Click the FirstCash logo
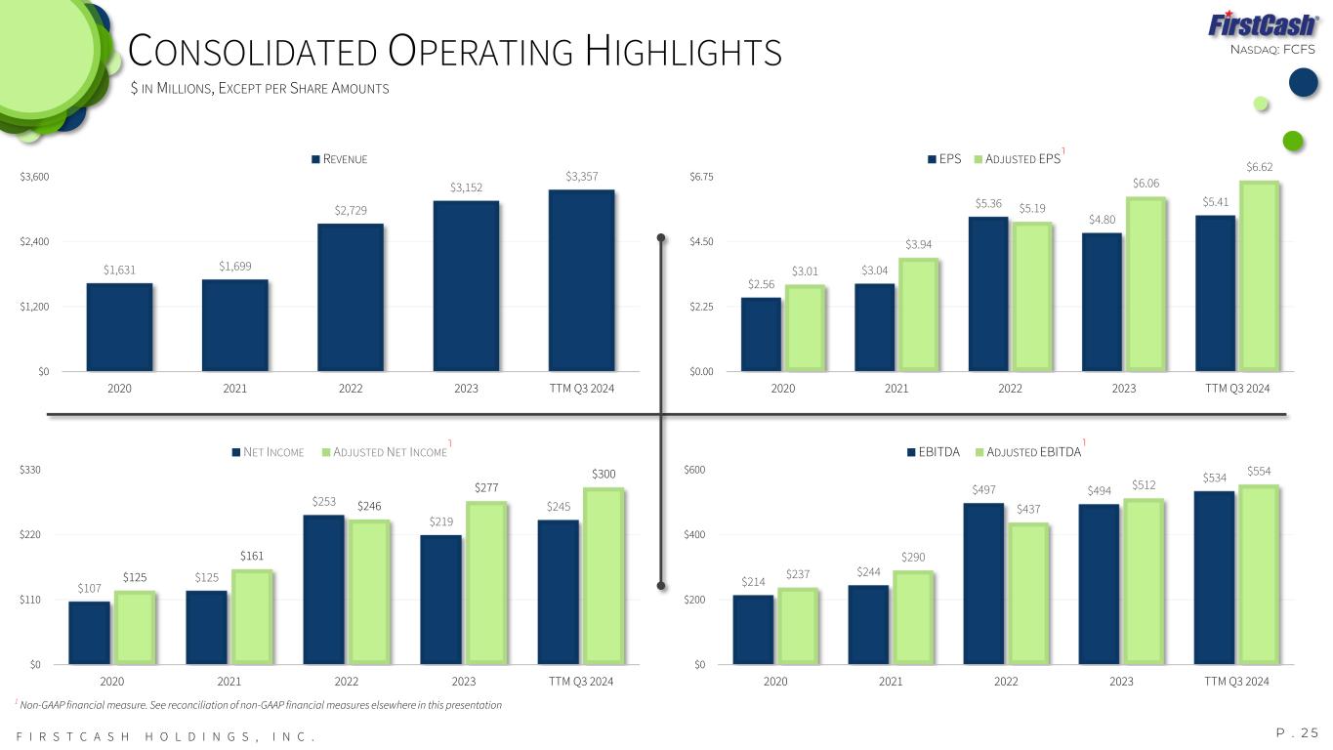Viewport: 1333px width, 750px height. coord(1262,24)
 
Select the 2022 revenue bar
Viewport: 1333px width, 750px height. coord(350,297)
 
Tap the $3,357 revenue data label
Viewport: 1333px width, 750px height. coord(581,176)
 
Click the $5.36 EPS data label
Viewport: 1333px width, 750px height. coord(988,203)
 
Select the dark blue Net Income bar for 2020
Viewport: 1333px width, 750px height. coord(89,632)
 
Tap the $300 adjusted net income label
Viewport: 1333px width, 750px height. coord(604,474)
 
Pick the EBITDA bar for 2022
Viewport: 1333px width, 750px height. coord(983,583)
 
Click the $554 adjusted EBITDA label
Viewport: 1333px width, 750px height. coord(1260,472)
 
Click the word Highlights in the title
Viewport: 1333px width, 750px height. coord(684,52)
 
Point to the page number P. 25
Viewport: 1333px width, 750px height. coord(1297,732)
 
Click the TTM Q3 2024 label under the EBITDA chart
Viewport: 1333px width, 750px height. coord(1236,681)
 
